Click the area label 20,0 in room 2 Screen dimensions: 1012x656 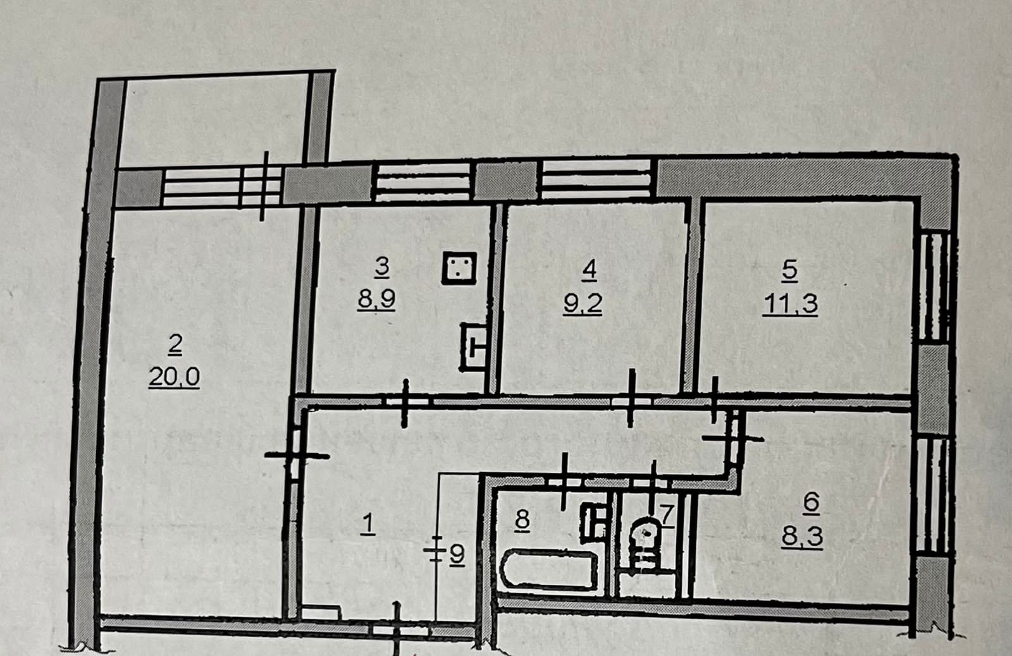click(x=174, y=377)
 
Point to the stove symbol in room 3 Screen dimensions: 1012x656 click(x=459, y=268)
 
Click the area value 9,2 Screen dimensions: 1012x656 click(x=583, y=303)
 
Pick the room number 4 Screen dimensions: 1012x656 click(x=589, y=270)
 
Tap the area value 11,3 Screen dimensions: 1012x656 click(x=790, y=303)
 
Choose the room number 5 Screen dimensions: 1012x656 click(x=789, y=270)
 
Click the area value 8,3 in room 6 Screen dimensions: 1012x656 click(x=802, y=537)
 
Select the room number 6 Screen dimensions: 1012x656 click(x=810, y=502)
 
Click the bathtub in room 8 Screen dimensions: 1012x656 click(x=548, y=570)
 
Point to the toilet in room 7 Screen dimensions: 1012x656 click(x=645, y=537)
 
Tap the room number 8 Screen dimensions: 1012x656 click(x=522, y=520)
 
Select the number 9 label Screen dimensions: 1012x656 click(x=457, y=554)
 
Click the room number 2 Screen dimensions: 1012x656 click(x=175, y=343)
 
